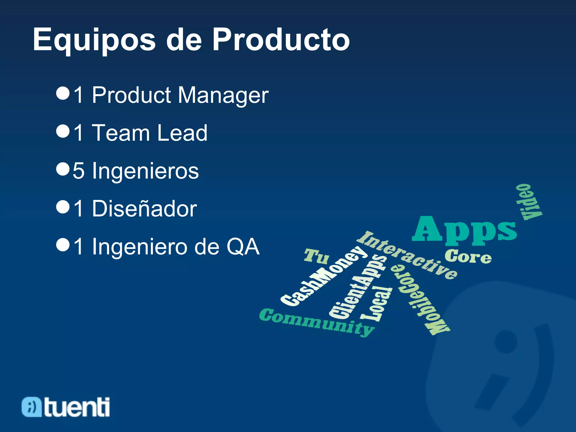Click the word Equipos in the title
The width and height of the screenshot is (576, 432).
tap(94, 40)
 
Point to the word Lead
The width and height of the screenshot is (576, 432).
tap(182, 133)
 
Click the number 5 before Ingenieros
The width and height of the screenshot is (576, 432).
tap(78, 171)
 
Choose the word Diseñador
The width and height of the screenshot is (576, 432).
tap(144, 209)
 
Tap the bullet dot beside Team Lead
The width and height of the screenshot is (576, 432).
tap(63, 131)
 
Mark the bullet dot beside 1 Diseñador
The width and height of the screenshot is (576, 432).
tap(63, 207)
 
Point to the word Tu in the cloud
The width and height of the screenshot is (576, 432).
tap(316, 256)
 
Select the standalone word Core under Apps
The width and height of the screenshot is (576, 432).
tap(468, 256)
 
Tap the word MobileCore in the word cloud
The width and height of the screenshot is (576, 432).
tap(419, 300)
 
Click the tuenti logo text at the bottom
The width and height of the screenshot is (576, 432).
tap(76, 407)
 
